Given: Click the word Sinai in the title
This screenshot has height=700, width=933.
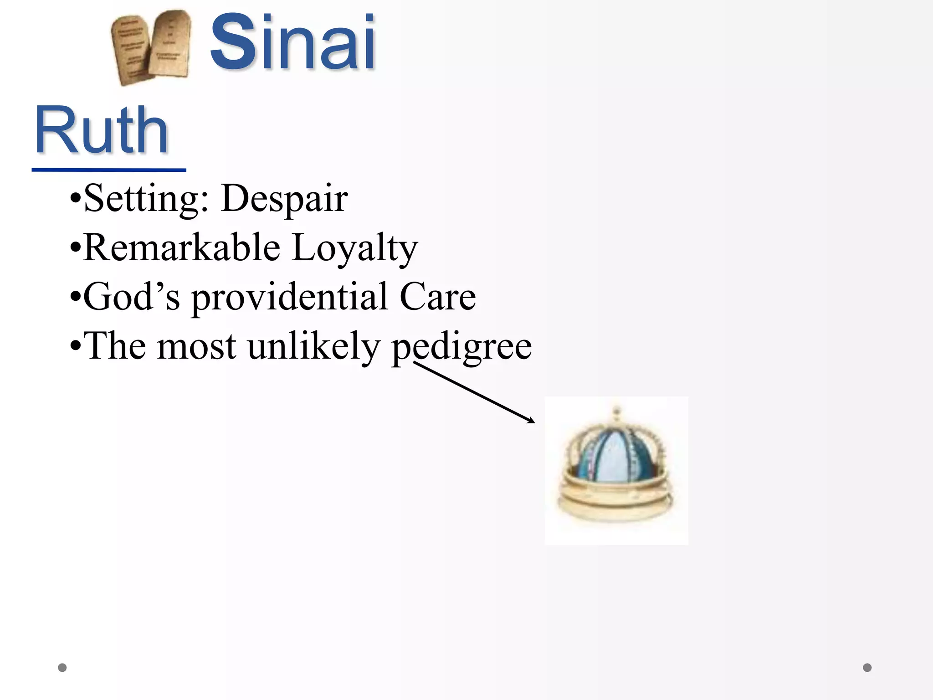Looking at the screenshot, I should (x=292, y=43).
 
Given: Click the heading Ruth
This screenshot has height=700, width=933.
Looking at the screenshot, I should (x=101, y=131).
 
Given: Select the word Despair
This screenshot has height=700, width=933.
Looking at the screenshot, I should (x=284, y=199).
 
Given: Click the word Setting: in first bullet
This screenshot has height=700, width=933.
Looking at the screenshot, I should (x=146, y=199).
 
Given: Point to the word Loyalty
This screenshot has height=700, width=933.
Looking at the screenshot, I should (x=354, y=248).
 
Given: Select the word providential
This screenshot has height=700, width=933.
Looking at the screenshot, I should (x=290, y=298).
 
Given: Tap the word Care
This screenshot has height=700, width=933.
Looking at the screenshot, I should (x=437, y=297).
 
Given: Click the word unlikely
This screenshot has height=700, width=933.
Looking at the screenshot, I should (x=313, y=346).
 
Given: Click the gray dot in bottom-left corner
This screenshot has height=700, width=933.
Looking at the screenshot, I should (x=62, y=668).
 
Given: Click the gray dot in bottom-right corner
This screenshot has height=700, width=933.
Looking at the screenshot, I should (x=867, y=668).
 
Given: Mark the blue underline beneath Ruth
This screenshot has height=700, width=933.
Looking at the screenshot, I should (x=109, y=170).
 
